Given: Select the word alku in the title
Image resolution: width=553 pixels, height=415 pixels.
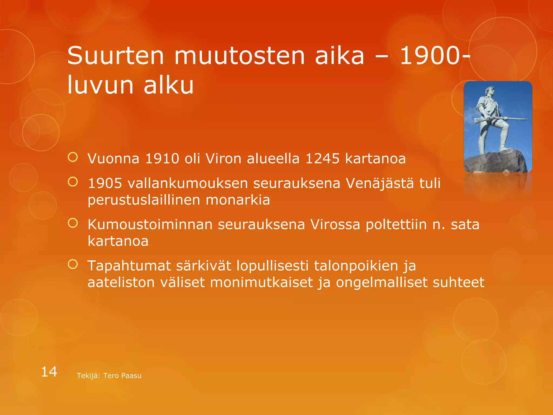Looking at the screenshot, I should [168, 85].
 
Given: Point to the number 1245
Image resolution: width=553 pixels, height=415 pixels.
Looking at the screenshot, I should [322, 159].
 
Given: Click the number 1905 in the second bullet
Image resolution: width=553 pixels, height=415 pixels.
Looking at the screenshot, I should [105, 183].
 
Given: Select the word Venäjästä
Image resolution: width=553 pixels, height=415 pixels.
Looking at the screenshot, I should [380, 183].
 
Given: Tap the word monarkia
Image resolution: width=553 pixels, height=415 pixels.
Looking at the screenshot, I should [238, 200].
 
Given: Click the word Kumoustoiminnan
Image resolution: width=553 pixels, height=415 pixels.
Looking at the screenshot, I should [150, 225].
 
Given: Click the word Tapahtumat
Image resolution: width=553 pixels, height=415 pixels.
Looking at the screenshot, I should [129, 266].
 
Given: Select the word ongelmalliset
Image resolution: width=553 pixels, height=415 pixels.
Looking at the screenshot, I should [382, 283].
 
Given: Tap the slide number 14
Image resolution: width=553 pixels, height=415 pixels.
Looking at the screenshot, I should [49, 372].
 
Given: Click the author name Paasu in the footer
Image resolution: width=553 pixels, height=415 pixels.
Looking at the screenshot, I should [132, 376].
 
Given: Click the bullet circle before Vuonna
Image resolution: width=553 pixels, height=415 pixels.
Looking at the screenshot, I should [73, 157].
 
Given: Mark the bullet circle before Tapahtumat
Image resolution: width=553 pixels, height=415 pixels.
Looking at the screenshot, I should [73, 264].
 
